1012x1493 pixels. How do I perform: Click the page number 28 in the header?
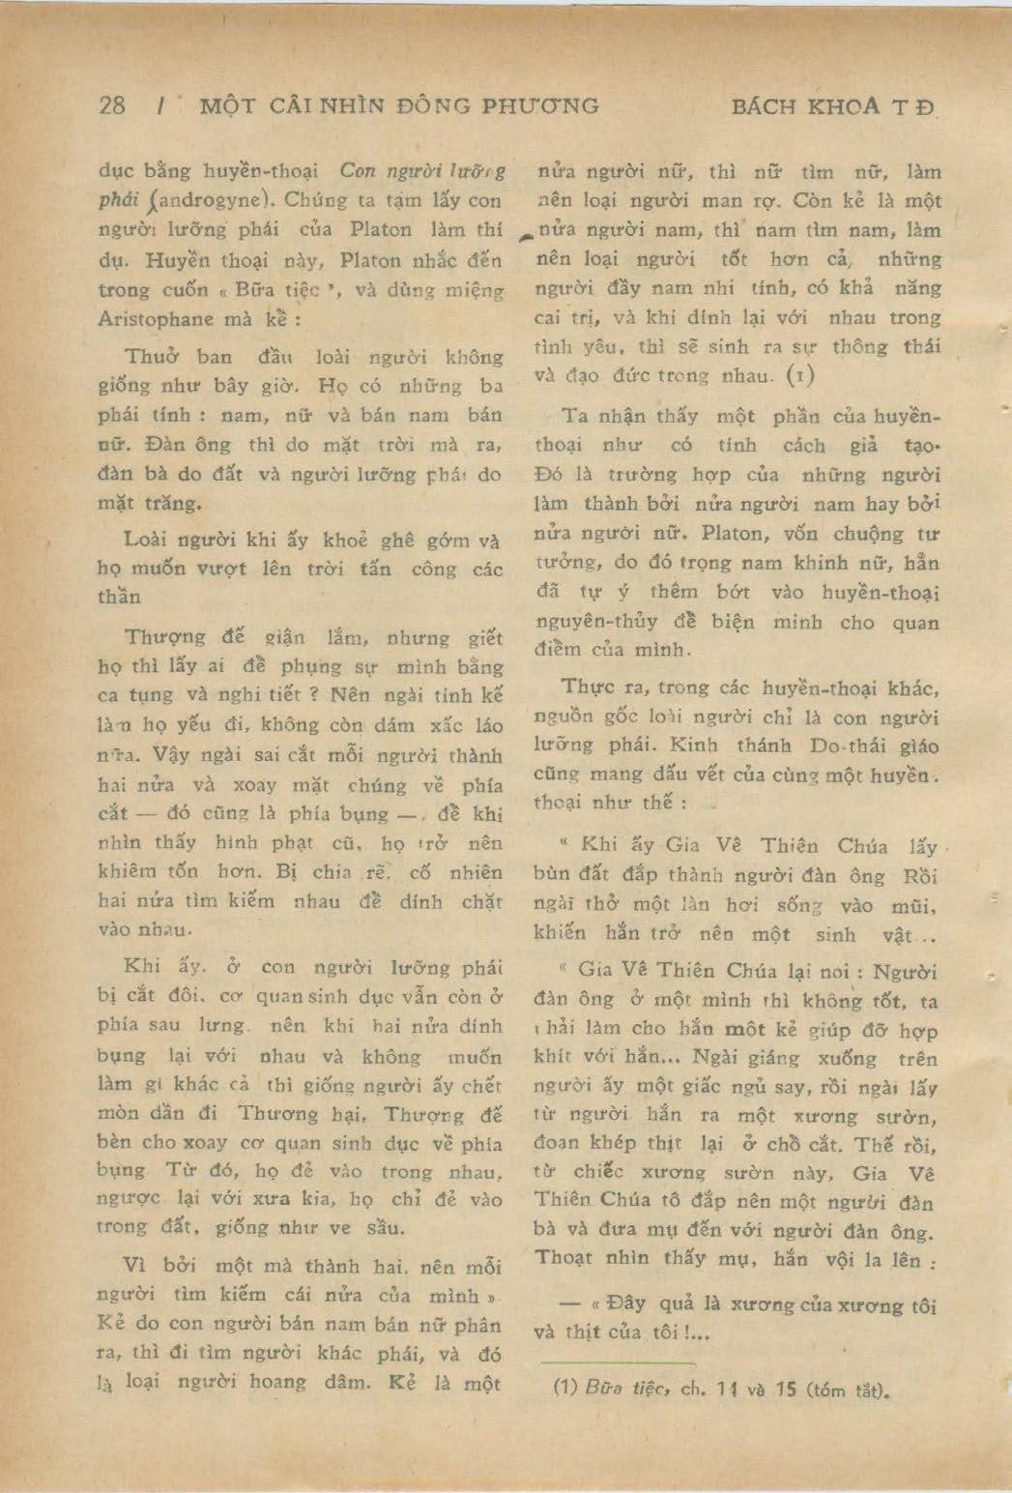[x=112, y=105]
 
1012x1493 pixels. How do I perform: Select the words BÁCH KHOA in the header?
[x=805, y=106]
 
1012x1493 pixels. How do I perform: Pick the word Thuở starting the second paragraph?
[x=150, y=356]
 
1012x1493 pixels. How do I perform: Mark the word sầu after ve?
[x=385, y=1229]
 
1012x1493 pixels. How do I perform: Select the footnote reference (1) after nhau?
[x=802, y=375]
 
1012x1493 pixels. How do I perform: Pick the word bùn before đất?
[x=553, y=875]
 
